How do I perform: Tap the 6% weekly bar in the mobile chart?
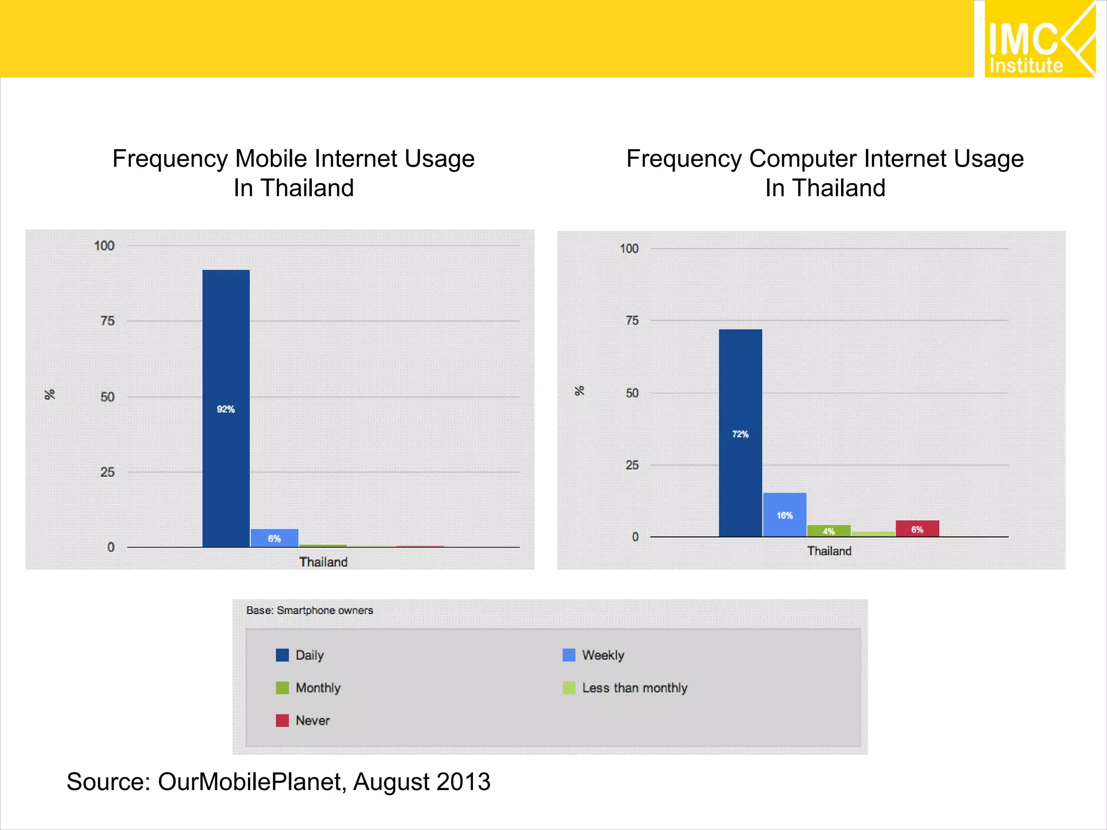pyautogui.click(x=274, y=538)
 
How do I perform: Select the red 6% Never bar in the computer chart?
pyautogui.click(x=917, y=528)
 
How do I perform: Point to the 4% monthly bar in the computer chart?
pyautogui.click(x=829, y=531)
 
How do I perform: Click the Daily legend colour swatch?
pyautogui.click(x=282, y=655)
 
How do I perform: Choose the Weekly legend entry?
pyautogui.click(x=603, y=655)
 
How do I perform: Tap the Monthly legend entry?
pyautogui.click(x=318, y=688)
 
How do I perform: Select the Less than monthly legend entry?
pyautogui.click(x=635, y=688)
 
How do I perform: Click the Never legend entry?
pyautogui.click(x=312, y=720)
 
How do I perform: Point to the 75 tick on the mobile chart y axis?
pyautogui.click(x=108, y=321)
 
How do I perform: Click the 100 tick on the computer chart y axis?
pyautogui.click(x=629, y=249)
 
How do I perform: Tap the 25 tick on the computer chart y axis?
pyautogui.click(x=632, y=465)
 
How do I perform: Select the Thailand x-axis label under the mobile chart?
pyautogui.click(x=323, y=562)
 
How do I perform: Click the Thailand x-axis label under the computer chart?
pyautogui.click(x=829, y=551)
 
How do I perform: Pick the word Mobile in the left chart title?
pyautogui.click(x=271, y=159)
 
